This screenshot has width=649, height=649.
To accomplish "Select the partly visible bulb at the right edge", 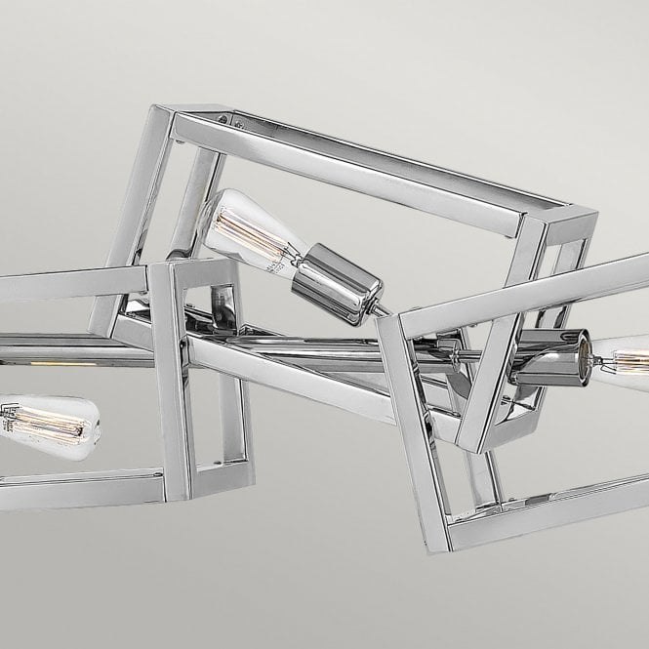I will pyautogui.click(x=625, y=355).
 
